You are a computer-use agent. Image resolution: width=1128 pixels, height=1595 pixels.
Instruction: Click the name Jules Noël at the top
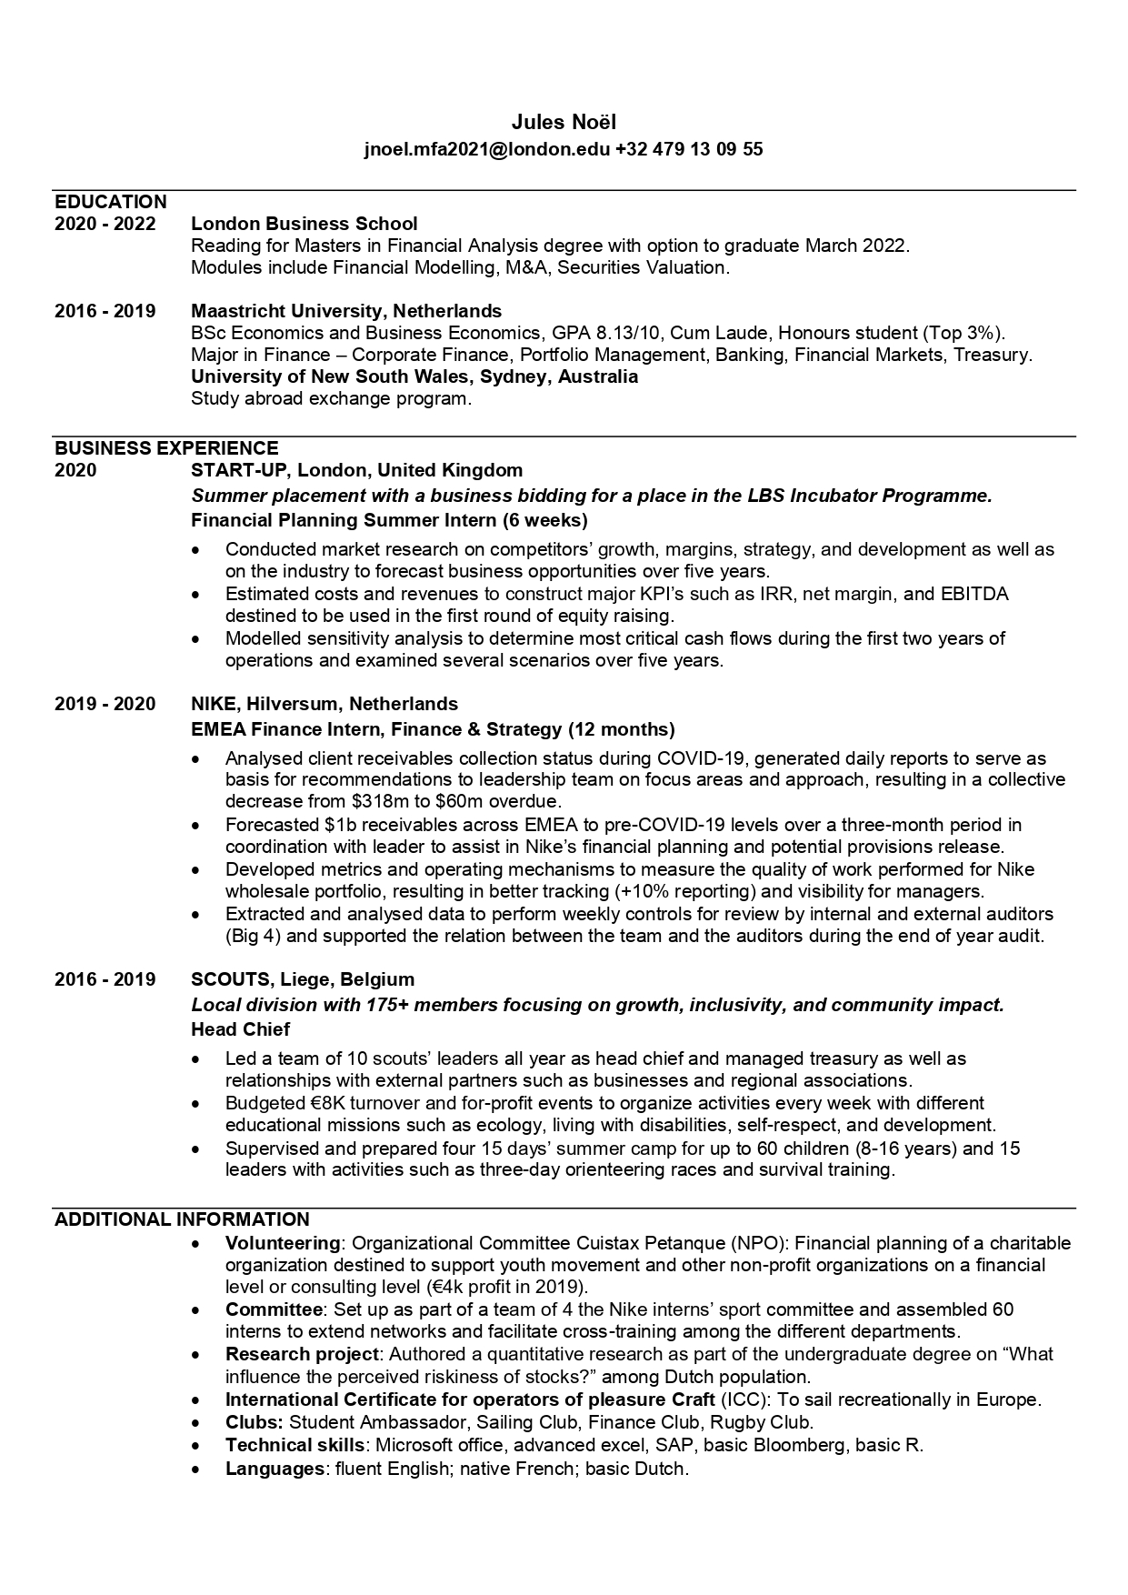pyautogui.click(x=564, y=122)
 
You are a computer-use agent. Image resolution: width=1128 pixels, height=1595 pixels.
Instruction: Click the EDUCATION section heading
pyautogui.click(x=111, y=202)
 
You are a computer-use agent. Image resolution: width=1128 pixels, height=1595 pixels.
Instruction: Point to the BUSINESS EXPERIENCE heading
pyautogui.click(x=166, y=447)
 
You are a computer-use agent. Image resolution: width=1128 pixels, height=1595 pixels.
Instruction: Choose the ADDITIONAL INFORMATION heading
pyautogui.click(x=182, y=1219)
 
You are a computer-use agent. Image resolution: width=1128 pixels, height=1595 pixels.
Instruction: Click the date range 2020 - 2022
pyautogui.click(x=105, y=224)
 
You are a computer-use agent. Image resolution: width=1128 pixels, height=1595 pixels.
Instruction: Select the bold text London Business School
pyautogui.click(x=304, y=224)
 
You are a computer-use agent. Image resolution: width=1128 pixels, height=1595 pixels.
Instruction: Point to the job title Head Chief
pyautogui.click(x=240, y=1029)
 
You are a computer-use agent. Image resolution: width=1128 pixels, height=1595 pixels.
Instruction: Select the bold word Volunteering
pyautogui.click(x=283, y=1243)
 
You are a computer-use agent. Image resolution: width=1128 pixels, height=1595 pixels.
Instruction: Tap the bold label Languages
pyautogui.click(x=275, y=1469)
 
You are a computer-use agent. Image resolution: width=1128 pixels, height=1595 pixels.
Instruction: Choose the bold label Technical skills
pyautogui.click(x=295, y=1445)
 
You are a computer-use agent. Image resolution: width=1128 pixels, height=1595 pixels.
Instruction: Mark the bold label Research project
pyautogui.click(x=302, y=1354)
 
